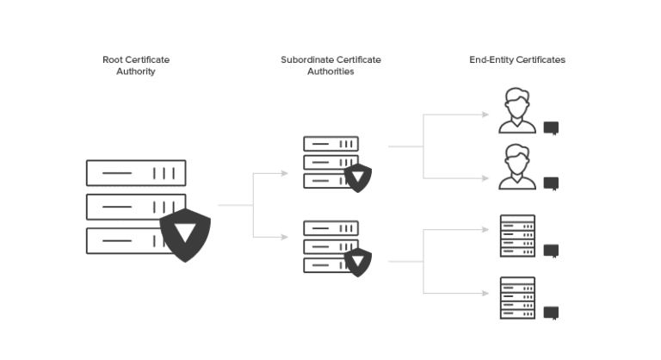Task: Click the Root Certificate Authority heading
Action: [x=136, y=65]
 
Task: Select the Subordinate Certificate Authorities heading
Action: [x=330, y=65]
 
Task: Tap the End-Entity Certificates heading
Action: [x=517, y=60]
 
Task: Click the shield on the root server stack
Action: [x=185, y=233]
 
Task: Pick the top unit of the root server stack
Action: [x=136, y=173]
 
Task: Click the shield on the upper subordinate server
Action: [x=357, y=177]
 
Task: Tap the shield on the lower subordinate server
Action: [x=357, y=261]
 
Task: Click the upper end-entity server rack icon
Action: [x=517, y=236]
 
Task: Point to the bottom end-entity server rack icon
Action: [x=517, y=298]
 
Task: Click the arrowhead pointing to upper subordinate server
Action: [x=286, y=174]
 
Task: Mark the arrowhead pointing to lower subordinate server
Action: [x=286, y=237]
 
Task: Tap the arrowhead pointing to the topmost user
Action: [x=487, y=115]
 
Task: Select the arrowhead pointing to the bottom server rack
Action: [x=487, y=293]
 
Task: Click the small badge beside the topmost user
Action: [x=551, y=128]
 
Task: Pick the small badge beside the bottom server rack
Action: [x=551, y=311]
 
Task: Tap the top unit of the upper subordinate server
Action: [x=330, y=144]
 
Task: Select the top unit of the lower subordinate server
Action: [x=330, y=228]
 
